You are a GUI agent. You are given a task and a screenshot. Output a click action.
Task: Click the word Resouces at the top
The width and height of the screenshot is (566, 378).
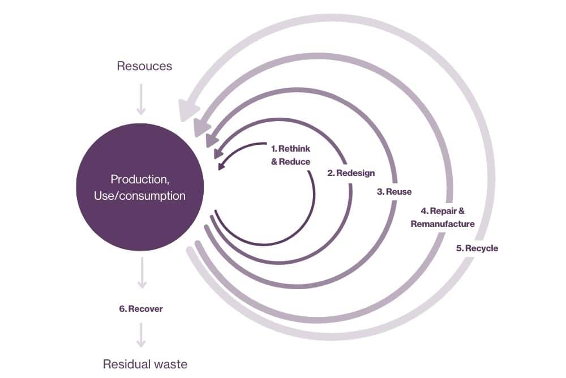tap(144, 66)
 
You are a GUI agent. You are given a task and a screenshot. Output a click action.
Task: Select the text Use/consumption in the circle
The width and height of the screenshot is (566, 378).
tap(140, 196)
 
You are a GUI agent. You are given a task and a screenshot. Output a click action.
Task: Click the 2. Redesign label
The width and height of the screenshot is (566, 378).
tap(351, 173)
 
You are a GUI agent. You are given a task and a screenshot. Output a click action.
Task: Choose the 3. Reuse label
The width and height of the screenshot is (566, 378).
tap(394, 192)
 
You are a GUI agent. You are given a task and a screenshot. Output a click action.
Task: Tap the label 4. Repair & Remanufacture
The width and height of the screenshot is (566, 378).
tap(443, 217)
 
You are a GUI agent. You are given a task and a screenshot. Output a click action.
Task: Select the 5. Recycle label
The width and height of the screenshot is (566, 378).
tap(477, 248)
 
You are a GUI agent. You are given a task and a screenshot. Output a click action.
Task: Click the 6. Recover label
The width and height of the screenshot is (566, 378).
tap(141, 309)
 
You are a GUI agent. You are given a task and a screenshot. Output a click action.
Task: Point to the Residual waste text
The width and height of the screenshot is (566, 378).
tap(145, 364)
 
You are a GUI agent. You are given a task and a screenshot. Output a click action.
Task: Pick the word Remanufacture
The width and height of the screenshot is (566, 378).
tap(443, 224)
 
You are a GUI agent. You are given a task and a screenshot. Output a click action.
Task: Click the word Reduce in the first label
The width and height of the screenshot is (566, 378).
tap(298, 161)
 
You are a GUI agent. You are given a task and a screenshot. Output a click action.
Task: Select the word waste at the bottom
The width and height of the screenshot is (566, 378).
tap(168, 364)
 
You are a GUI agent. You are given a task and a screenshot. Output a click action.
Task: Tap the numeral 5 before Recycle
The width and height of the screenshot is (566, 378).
tap(458, 248)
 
